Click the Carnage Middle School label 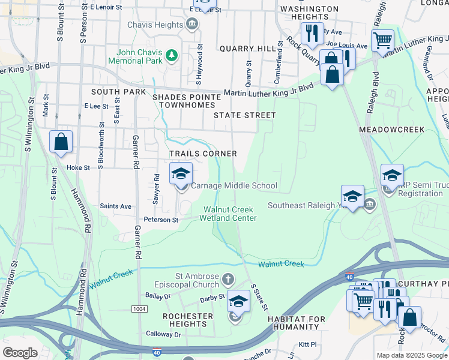tap(234, 186)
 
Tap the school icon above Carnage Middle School tap(181, 174)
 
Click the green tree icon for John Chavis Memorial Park tap(172, 56)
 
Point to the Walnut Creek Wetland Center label tap(230, 214)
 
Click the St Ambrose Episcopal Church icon tap(228, 279)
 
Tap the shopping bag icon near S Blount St tap(61, 142)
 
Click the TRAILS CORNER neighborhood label tap(203, 154)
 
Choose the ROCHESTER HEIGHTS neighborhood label tap(188, 320)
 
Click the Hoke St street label tap(78, 168)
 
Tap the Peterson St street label tap(160, 220)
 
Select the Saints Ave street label tap(116, 206)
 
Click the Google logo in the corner tap(20, 353)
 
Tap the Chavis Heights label tap(155, 25)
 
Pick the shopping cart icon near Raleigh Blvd tap(382, 41)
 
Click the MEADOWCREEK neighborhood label tap(391, 130)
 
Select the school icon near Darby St tap(238, 301)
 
